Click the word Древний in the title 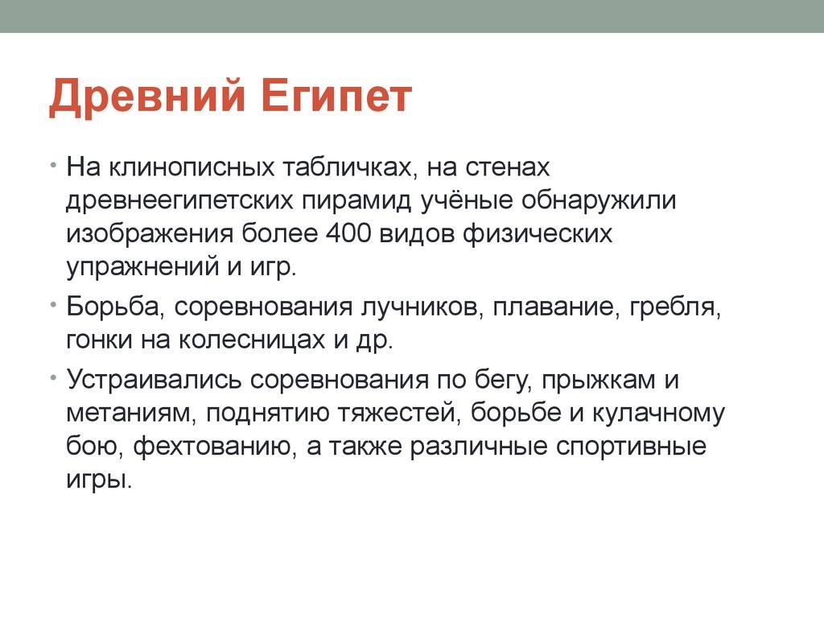coord(147,97)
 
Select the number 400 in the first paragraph coord(348,233)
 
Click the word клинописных coord(192,167)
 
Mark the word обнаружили coord(599,200)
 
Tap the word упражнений coord(142,267)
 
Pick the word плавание coord(553,307)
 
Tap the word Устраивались coord(154,380)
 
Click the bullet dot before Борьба coord(53,303)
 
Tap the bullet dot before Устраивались coord(53,377)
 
